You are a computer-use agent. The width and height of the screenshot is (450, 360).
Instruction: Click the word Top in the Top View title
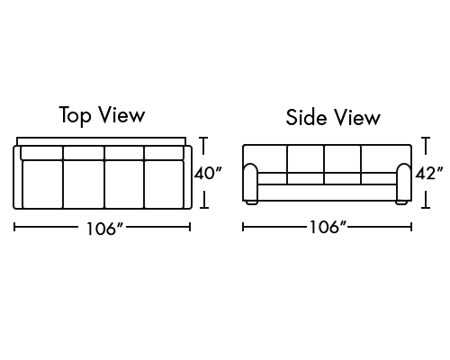tap(75, 115)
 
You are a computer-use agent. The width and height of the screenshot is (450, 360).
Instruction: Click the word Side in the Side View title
tap(306, 117)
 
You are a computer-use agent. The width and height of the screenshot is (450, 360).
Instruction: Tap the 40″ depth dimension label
tap(208, 173)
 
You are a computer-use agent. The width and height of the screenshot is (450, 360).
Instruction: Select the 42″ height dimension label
tap(429, 173)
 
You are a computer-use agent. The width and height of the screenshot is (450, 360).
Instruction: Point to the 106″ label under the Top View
tap(105, 229)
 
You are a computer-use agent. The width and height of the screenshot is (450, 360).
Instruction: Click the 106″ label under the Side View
tap(328, 227)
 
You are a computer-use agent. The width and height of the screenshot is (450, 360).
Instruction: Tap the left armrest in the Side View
tap(250, 182)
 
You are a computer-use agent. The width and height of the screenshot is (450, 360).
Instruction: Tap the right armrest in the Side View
tap(404, 182)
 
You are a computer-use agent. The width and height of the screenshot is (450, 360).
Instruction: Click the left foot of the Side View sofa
tap(252, 202)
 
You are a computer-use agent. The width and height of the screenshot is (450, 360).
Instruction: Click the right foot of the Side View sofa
tap(401, 202)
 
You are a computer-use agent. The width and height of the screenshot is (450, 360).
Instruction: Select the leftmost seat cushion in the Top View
tap(42, 184)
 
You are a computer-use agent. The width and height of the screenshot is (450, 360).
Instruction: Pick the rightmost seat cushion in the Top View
tap(164, 184)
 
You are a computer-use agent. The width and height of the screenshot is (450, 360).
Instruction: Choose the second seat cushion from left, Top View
tap(84, 184)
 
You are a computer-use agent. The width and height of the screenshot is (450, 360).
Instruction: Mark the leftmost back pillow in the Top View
tap(41, 153)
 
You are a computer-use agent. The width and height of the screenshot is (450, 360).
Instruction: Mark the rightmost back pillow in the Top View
tap(164, 153)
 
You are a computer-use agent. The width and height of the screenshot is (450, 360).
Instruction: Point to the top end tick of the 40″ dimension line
tap(203, 138)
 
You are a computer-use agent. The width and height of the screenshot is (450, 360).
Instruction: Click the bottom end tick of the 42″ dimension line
tap(426, 207)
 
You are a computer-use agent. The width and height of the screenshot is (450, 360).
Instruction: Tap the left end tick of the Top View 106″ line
tap(14, 227)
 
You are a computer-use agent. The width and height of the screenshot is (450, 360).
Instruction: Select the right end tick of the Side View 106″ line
tap(411, 227)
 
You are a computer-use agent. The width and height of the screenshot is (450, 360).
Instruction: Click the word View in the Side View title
tap(357, 117)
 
